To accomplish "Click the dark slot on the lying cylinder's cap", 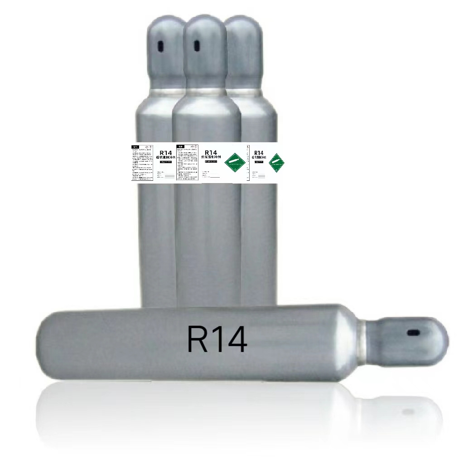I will pyautogui.click(x=413, y=333).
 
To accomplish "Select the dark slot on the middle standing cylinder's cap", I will pyautogui.click(x=197, y=45).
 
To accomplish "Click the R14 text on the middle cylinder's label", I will pyautogui.click(x=210, y=153).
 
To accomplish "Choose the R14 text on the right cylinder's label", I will pyautogui.click(x=259, y=153).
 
